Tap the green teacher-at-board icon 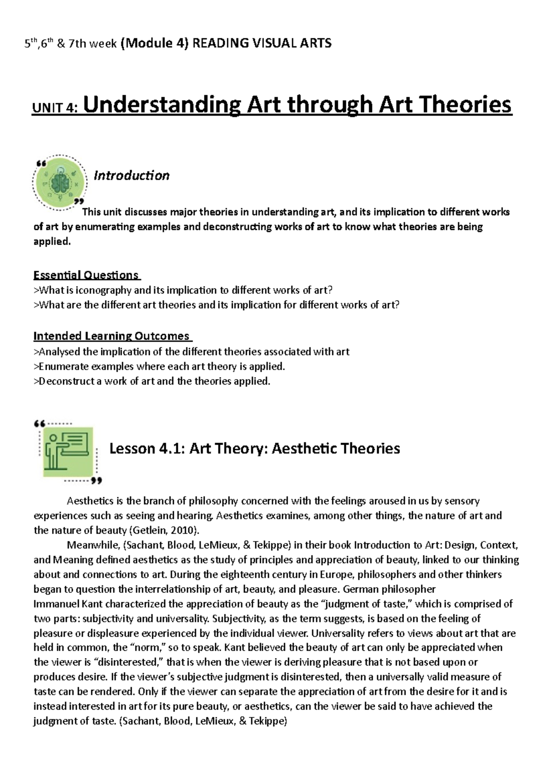click(68, 451)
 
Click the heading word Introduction click(131, 175)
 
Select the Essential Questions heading click(86, 275)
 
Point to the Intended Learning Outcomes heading click(112, 336)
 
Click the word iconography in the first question click(104, 290)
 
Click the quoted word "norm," click(149, 648)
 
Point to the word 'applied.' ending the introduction click(53, 242)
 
